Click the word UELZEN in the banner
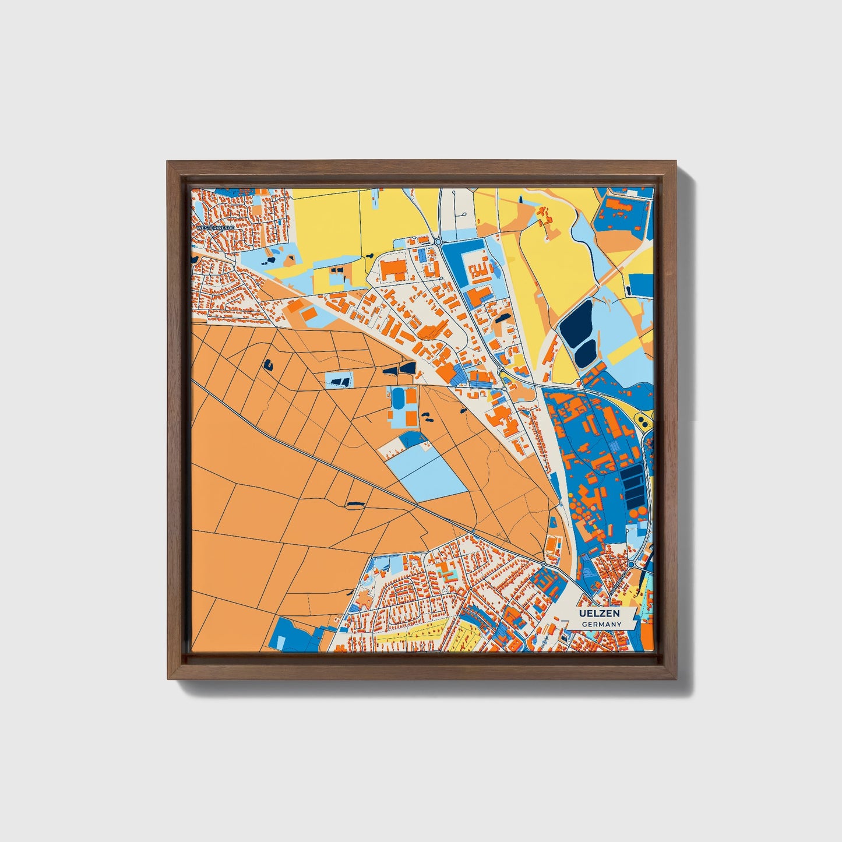click(598, 614)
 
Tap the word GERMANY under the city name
click(601, 624)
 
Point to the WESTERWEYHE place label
click(215, 227)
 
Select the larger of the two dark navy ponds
click(575, 323)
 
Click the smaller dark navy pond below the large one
click(586, 351)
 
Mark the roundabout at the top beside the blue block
click(438, 241)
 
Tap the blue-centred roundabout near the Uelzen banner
click(630, 564)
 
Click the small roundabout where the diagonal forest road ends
click(543, 564)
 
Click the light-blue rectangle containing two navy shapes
click(339, 380)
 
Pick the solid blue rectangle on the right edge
click(641, 285)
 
